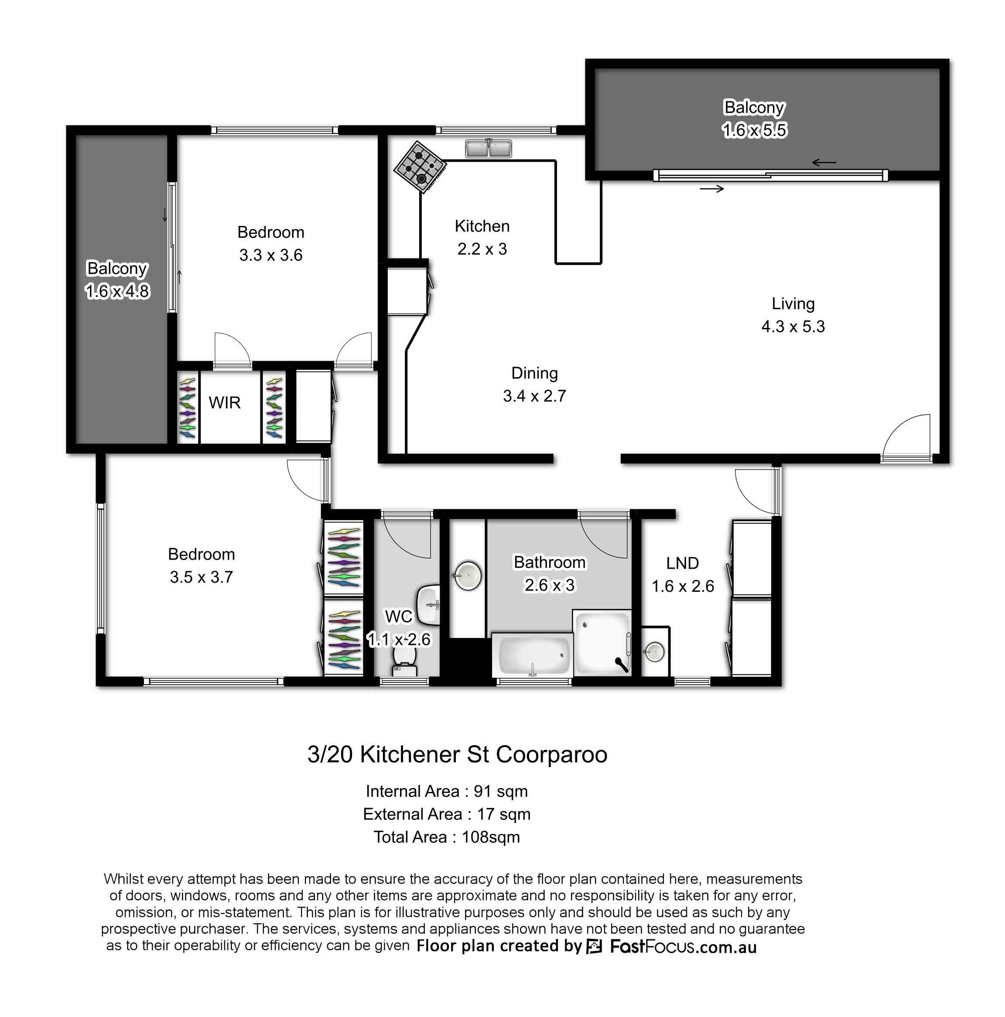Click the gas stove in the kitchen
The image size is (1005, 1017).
(420, 167)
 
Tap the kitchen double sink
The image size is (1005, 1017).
(488, 148)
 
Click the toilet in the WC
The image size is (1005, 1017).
(404, 660)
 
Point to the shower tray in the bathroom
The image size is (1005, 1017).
(602, 642)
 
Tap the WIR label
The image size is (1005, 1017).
(224, 403)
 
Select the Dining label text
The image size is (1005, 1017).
(534, 373)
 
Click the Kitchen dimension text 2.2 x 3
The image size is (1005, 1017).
(482, 249)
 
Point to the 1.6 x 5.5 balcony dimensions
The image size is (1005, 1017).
(754, 130)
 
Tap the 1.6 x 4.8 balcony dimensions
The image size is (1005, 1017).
(117, 291)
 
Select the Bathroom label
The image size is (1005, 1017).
(549, 562)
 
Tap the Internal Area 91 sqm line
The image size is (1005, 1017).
(446, 791)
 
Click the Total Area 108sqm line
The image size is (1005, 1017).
(446, 837)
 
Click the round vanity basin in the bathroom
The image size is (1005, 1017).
(467, 575)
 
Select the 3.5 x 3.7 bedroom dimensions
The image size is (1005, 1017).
(201, 577)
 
